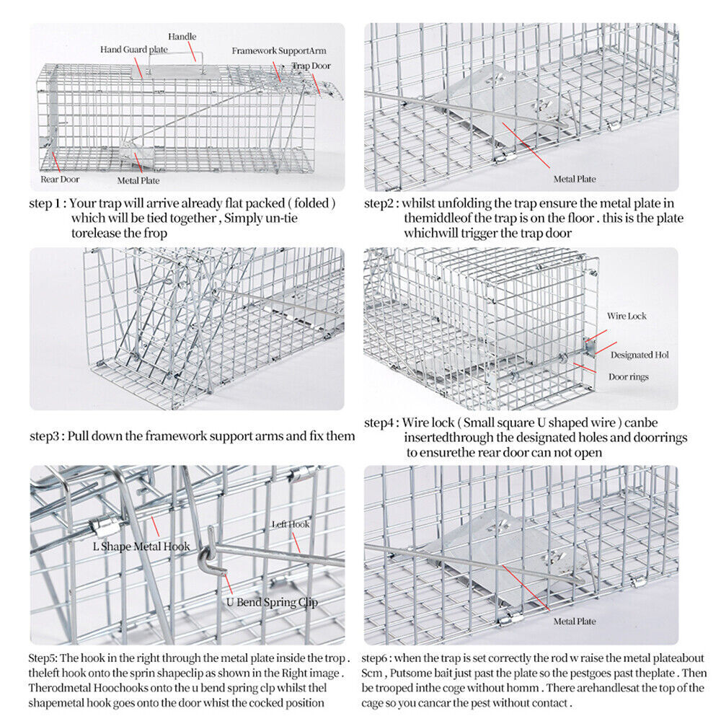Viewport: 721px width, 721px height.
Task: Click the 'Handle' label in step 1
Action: [x=182, y=37]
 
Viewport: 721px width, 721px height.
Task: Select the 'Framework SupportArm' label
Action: [x=270, y=51]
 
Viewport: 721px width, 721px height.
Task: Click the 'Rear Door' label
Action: [x=60, y=178]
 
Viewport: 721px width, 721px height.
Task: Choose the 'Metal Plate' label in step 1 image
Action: [x=138, y=180]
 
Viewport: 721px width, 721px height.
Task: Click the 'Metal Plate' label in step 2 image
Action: [x=575, y=178]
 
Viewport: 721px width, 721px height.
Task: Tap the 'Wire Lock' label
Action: [x=626, y=316]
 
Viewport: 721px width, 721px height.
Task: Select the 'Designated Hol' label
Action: [x=640, y=355]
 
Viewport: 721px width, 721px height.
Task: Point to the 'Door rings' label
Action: [x=628, y=376]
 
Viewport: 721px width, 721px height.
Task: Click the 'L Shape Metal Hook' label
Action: [x=141, y=546]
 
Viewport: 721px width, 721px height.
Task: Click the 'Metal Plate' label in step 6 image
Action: [x=575, y=621]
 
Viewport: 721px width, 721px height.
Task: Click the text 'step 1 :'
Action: [x=48, y=204]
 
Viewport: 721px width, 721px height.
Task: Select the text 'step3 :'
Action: [x=47, y=436]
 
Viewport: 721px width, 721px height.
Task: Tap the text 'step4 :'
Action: [x=382, y=423]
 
